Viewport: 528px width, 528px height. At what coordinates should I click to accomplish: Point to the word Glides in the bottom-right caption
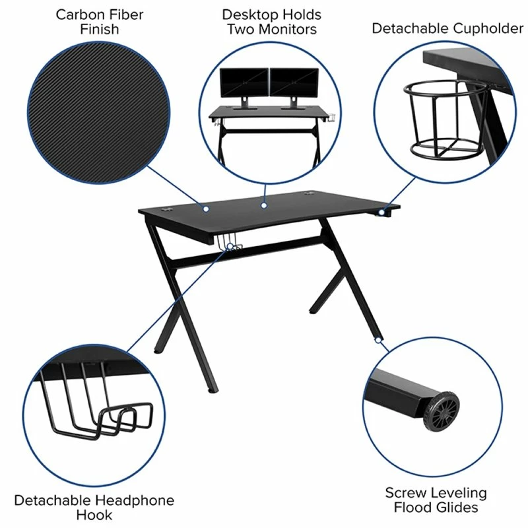pyautogui.click(x=455, y=508)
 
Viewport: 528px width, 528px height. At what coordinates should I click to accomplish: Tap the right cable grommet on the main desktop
pyautogui.click(x=310, y=195)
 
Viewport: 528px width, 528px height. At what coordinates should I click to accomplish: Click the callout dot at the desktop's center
pyautogui.click(x=263, y=206)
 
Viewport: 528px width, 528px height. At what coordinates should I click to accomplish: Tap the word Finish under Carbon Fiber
pyautogui.click(x=100, y=30)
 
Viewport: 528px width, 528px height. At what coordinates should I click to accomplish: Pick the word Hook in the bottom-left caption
pyautogui.click(x=94, y=515)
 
